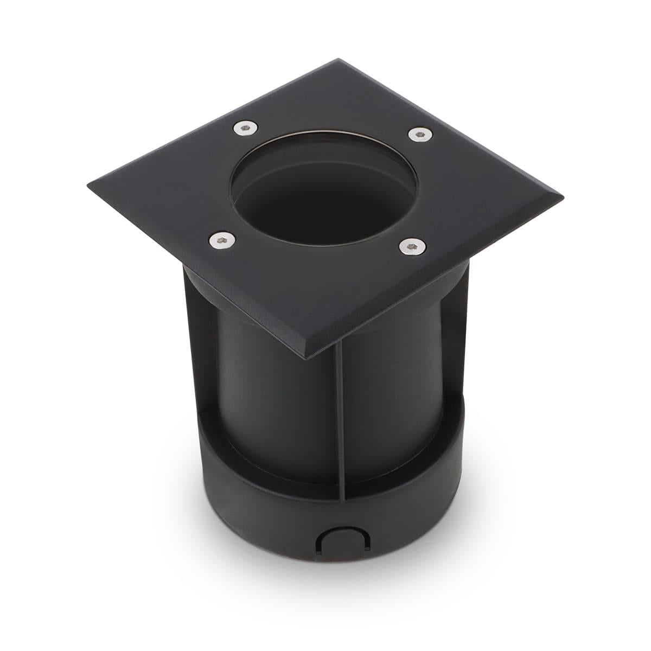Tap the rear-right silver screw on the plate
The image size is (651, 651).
417,133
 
